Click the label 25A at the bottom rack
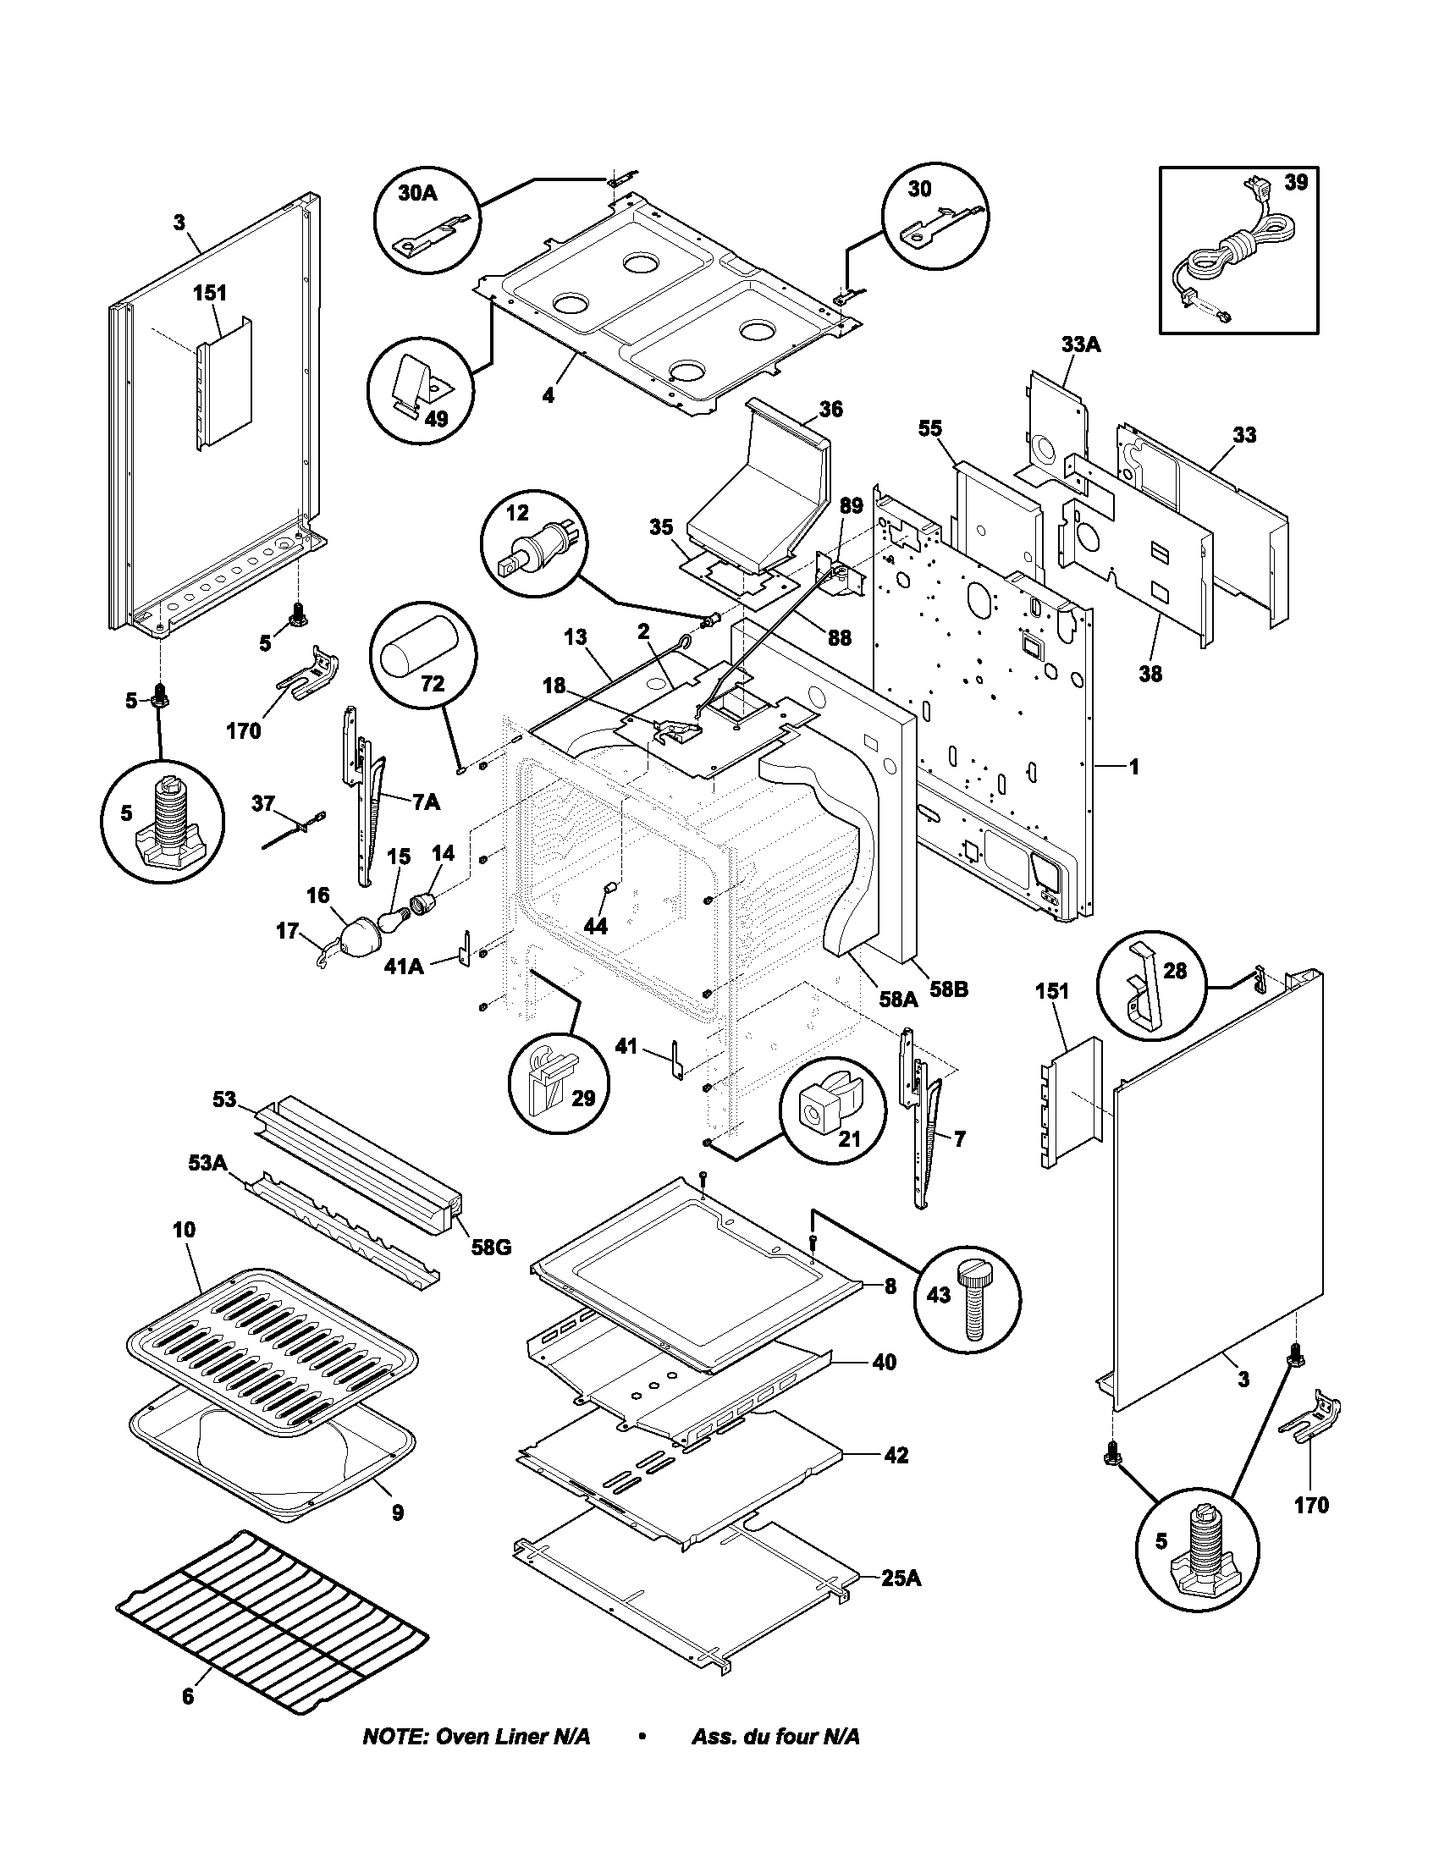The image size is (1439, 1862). coord(901,1578)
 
